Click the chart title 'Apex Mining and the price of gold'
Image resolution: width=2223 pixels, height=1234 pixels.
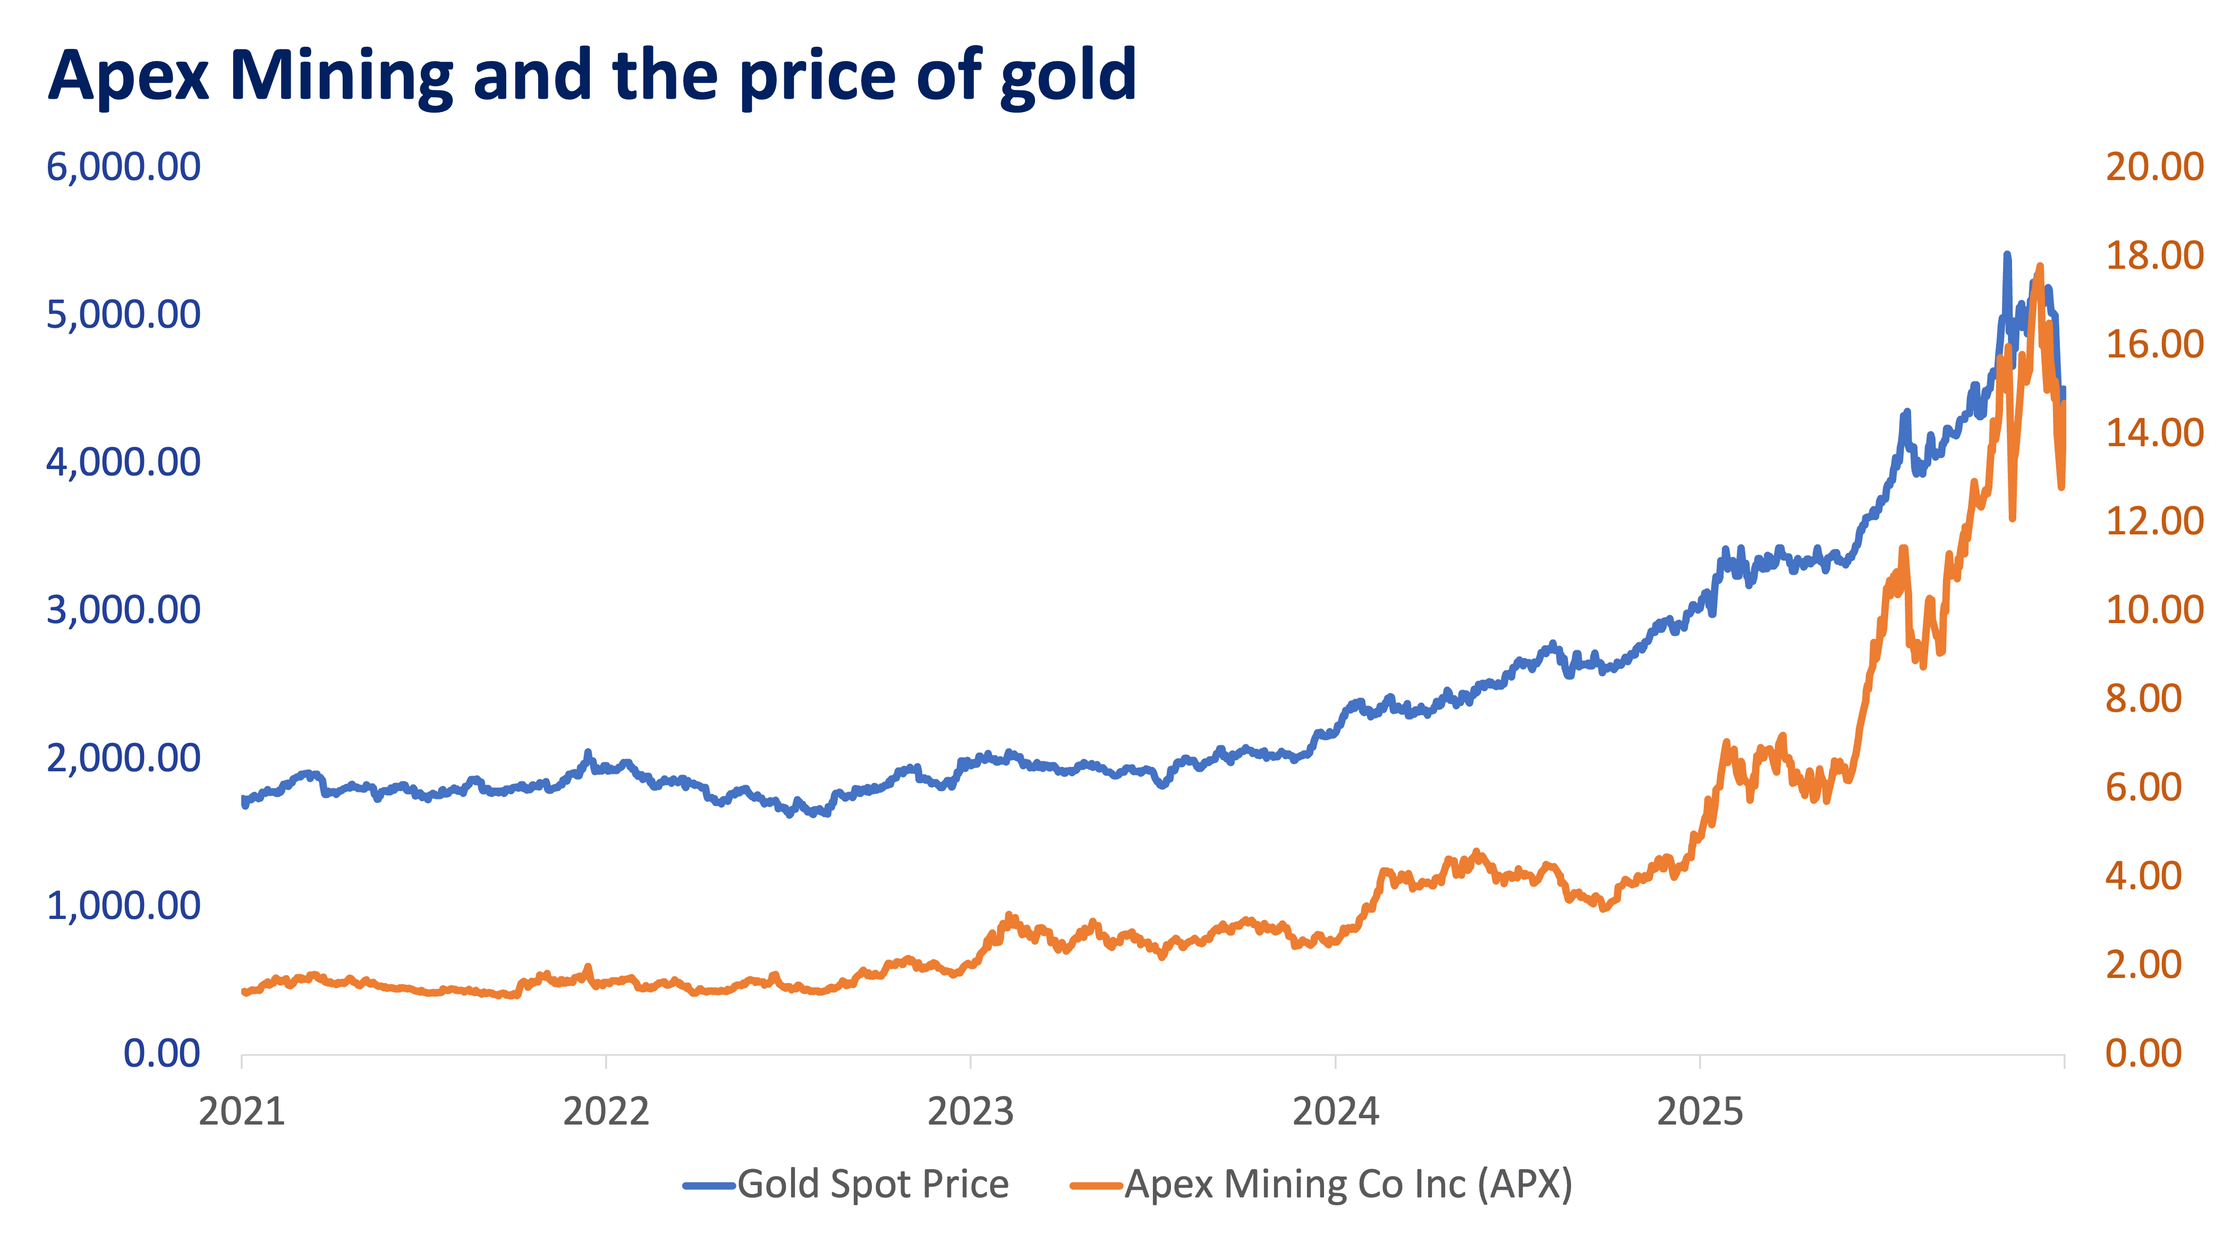[x=592, y=76]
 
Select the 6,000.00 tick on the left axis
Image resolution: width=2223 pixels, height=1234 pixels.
[x=123, y=167]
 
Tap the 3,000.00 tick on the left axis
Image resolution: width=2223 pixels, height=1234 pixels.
[x=123, y=610]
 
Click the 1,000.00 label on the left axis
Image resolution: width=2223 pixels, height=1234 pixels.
[x=123, y=906]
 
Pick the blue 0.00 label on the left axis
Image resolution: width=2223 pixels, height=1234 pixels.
[x=162, y=1053]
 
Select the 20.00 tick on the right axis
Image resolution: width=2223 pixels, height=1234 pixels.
[x=2154, y=167]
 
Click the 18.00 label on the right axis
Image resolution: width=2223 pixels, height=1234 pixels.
[x=2154, y=256]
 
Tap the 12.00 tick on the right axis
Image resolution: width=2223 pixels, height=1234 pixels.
[x=2154, y=521]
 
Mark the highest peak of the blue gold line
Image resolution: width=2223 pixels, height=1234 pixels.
[x=2006, y=256]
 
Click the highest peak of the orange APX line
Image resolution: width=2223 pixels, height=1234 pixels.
[x=2039, y=267]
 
